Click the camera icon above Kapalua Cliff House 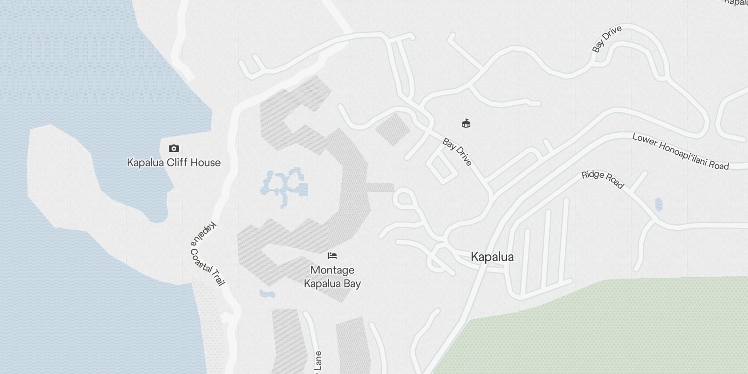pyautogui.click(x=174, y=149)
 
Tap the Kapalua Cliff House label pyautogui.click(x=174, y=163)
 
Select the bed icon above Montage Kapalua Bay pyautogui.click(x=332, y=256)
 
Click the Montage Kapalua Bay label pyautogui.click(x=332, y=277)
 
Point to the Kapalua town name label pyautogui.click(x=492, y=257)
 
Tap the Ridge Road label pyautogui.click(x=603, y=180)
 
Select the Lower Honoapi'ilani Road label pyautogui.click(x=680, y=151)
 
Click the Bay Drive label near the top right pyautogui.click(x=607, y=39)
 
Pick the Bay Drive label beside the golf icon pyautogui.click(x=457, y=152)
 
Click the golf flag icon pyautogui.click(x=466, y=123)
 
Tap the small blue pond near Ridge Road pyautogui.click(x=659, y=204)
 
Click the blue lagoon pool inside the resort pyautogui.click(x=284, y=185)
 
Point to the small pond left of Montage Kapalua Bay pyautogui.click(x=267, y=294)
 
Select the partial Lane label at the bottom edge pyautogui.click(x=318, y=363)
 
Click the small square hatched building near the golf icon pyautogui.click(x=392, y=128)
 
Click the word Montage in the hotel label pyautogui.click(x=332, y=270)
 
